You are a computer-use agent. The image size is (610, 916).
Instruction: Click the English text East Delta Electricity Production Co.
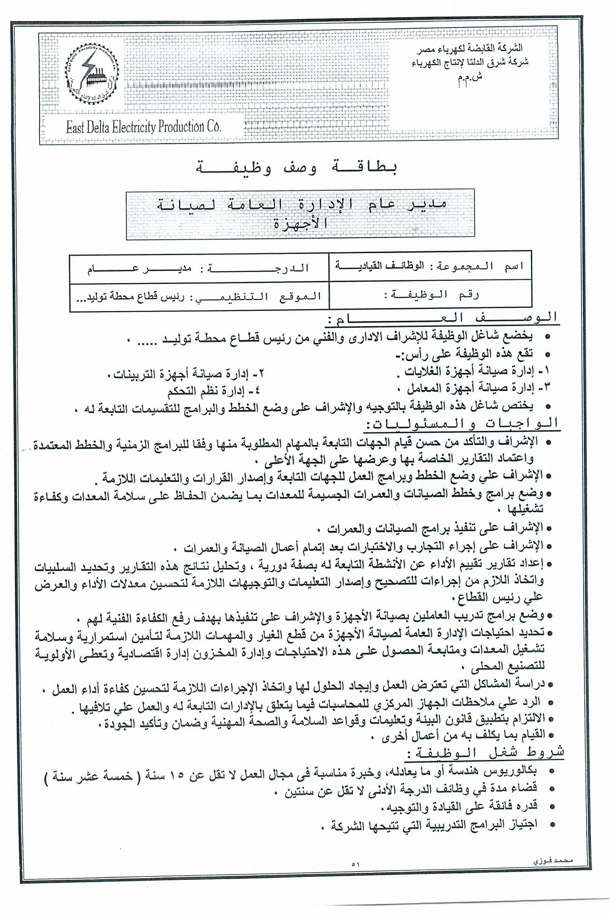pos(143,127)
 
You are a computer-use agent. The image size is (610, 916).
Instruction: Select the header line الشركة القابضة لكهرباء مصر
pos(470,48)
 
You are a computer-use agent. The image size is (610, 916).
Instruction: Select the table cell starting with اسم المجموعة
pos(429,266)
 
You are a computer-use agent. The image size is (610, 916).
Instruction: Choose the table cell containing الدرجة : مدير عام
pos(199,268)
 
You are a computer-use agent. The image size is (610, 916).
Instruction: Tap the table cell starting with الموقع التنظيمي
pos(199,296)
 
